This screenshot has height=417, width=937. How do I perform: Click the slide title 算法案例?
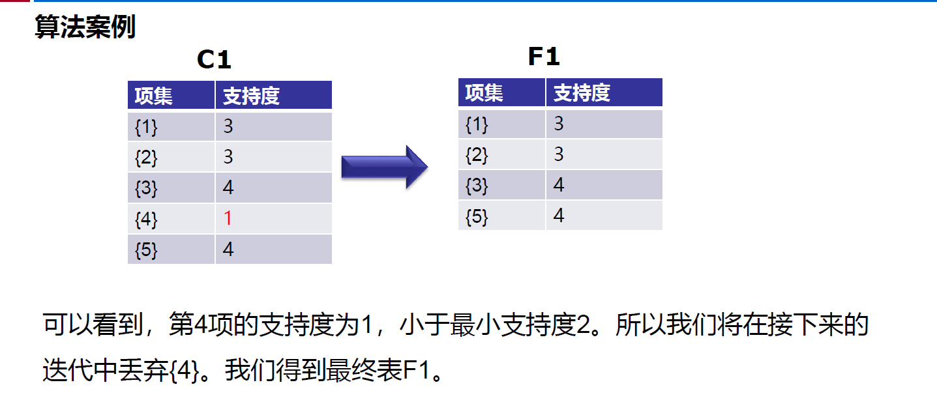click(85, 27)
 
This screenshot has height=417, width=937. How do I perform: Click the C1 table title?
click(214, 60)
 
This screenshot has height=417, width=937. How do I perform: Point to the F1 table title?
click(544, 57)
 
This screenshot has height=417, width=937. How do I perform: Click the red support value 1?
click(228, 218)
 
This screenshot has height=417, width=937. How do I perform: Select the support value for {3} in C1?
click(228, 187)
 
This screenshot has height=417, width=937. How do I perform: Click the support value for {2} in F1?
click(559, 154)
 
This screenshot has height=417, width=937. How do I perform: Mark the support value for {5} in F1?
click(559, 215)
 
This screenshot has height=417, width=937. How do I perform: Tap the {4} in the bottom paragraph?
click(185, 371)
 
